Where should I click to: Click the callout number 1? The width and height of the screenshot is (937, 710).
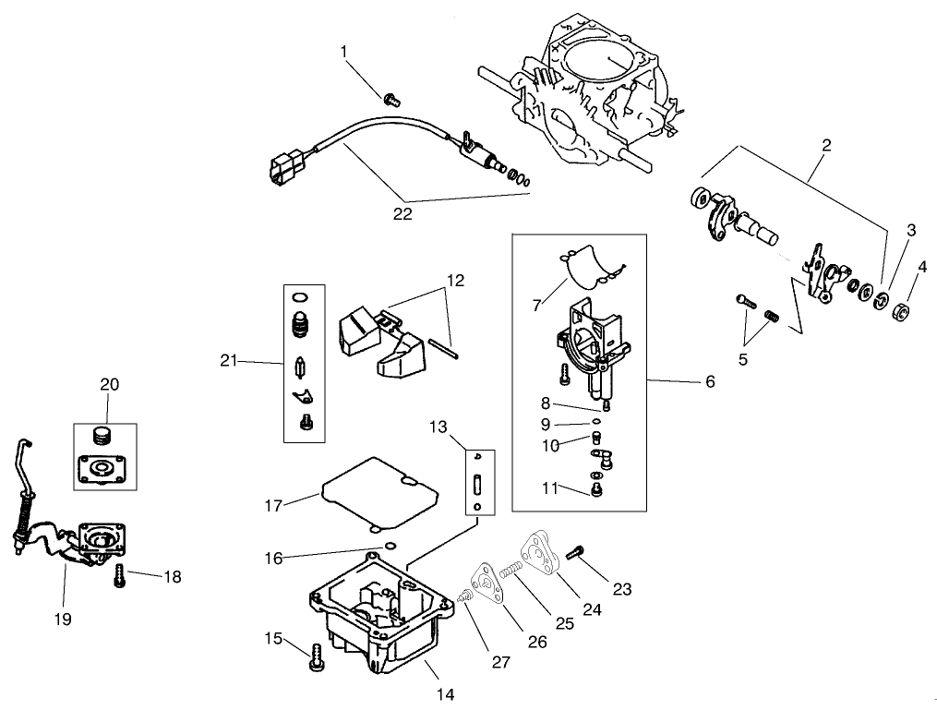click(x=344, y=52)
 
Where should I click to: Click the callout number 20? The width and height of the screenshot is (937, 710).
click(x=110, y=384)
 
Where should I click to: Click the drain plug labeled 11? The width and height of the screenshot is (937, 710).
click(x=596, y=490)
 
